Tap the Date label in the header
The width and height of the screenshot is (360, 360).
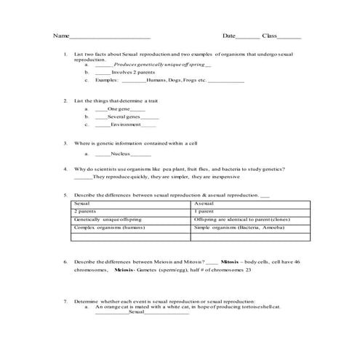pos(229,36)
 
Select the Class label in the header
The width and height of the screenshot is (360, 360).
pos(270,36)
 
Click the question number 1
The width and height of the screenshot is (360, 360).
pos(65,55)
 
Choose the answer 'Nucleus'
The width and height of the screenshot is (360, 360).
pos(122,153)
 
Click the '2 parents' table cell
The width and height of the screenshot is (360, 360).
pos(86,212)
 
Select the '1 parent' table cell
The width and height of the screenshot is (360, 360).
pos(205,212)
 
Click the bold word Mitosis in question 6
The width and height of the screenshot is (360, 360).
pos(230,261)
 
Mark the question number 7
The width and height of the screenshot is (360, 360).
pos(65,301)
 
